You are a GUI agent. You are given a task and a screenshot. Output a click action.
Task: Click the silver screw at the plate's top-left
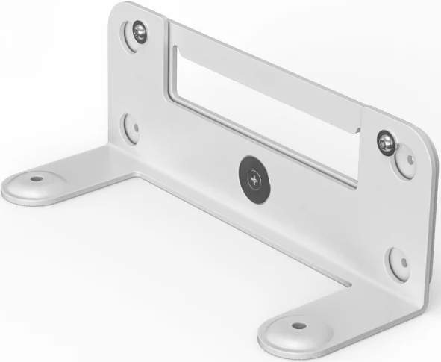(x=139, y=32)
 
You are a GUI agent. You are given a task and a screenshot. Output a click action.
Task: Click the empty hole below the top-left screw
(x=134, y=126)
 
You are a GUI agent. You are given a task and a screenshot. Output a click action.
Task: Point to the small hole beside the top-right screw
(x=409, y=158)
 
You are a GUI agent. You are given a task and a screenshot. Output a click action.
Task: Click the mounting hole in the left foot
(x=35, y=180)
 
